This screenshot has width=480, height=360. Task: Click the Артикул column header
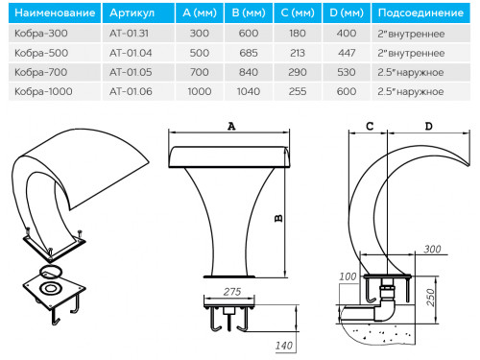pyautogui.click(x=132, y=12)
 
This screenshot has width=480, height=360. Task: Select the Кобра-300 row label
pyautogui.click(x=41, y=34)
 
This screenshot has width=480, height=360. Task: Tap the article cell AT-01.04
pyautogui.click(x=131, y=53)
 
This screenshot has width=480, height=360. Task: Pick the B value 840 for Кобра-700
pyautogui.click(x=249, y=72)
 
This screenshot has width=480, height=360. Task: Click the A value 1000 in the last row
pyautogui.click(x=200, y=91)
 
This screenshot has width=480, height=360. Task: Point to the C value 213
pyautogui.click(x=298, y=53)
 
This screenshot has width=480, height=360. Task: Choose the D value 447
pyautogui.click(x=347, y=53)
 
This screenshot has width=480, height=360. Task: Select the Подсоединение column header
pyautogui.click(x=420, y=12)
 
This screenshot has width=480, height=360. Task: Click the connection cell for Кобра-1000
pyautogui.click(x=411, y=91)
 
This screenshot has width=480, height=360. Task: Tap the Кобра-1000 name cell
pyautogui.click(x=43, y=91)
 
